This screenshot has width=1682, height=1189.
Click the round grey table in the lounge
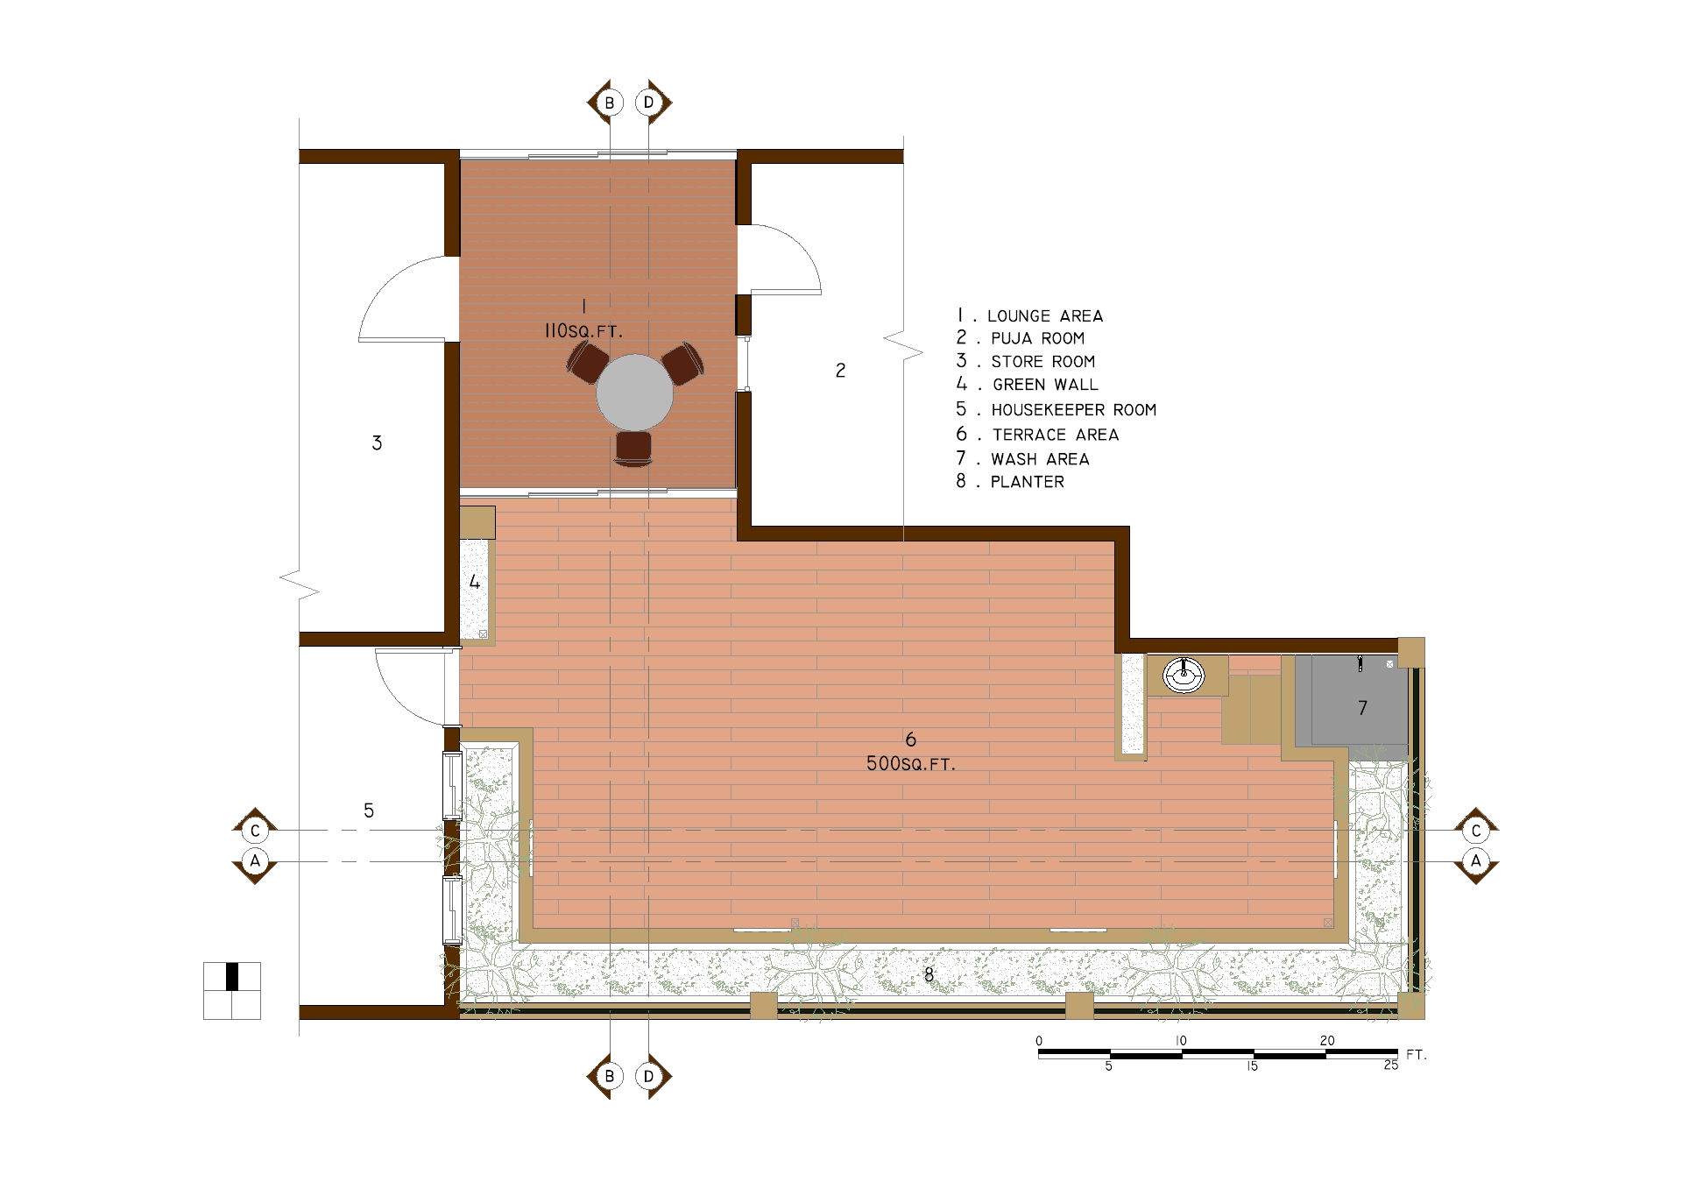pos(634,393)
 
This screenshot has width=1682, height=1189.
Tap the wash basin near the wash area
pos(1184,676)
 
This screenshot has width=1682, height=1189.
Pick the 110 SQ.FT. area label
pos(583,331)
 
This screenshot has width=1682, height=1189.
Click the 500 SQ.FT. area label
pos(910,764)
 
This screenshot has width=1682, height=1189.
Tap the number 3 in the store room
pos(377,443)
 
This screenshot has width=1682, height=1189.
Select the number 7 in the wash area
pos(1362,708)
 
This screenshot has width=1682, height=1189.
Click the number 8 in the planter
pos(929,973)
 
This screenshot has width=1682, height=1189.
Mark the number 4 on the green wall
pos(475,582)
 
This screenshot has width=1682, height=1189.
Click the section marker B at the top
pos(608,103)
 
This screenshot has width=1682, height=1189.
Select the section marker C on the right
pos(1476,831)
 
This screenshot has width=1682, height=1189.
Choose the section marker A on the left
pos(255,861)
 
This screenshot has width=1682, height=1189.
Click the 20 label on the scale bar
pos(1327,1041)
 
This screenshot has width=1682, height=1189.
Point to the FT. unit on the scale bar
pos(1417,1055)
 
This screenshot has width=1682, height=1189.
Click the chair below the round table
pos(633,448)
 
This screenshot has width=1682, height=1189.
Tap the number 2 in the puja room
pos(841,371)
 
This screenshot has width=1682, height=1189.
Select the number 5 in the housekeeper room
pos(369,811)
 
